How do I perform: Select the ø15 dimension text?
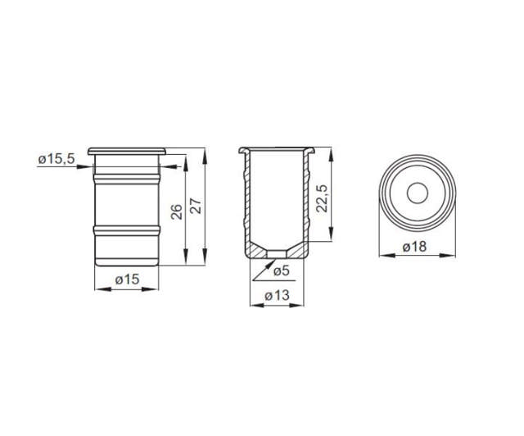click(126, 279)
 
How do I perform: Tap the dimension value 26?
click(176, 212)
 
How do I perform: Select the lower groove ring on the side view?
click(127, 229)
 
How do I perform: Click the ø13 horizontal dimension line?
click(278, 306)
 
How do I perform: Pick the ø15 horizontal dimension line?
click(127, 288)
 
